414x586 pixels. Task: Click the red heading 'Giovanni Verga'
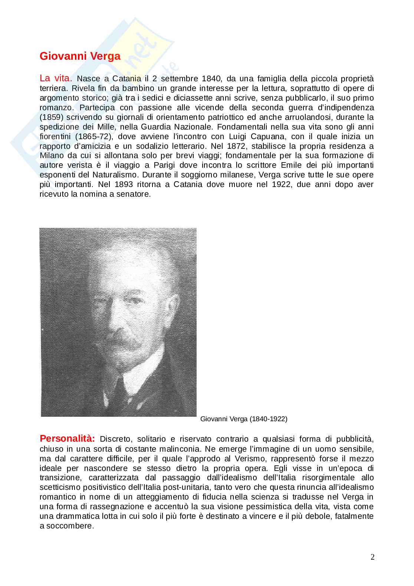point(80,56)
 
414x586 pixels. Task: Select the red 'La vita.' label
point(56,78)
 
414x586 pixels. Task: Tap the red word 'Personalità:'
point(67,439)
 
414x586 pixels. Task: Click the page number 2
point(372,557)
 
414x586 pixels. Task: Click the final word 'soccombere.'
point(70,526)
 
